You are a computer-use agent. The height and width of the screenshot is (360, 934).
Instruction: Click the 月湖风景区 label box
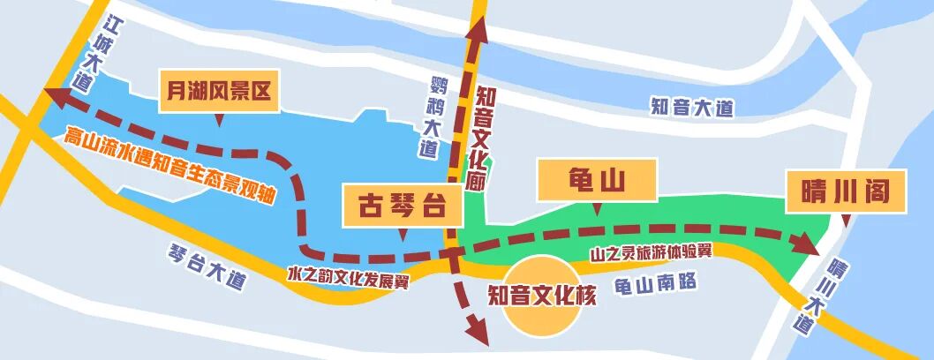click(218, 90)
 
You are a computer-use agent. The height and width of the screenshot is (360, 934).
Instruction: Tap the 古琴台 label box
click(403, 207)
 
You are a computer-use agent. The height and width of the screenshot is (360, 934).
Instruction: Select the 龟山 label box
click(596, 181)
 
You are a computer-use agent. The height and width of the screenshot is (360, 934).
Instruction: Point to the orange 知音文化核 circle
click(541, 296)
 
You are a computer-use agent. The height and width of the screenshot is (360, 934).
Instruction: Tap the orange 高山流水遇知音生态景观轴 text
click(170, 167)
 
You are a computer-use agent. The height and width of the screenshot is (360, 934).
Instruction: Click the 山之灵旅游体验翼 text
click(652, 254)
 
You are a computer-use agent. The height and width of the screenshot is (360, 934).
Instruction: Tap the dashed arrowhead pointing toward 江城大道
click(55, 94)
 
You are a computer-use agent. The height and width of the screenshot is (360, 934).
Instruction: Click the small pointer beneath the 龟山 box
click(597, 209)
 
